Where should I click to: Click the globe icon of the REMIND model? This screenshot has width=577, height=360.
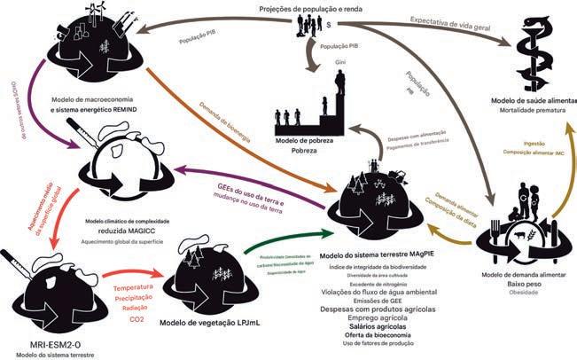tap(88, 50)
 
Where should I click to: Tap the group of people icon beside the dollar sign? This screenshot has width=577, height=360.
tap(313, 27)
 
